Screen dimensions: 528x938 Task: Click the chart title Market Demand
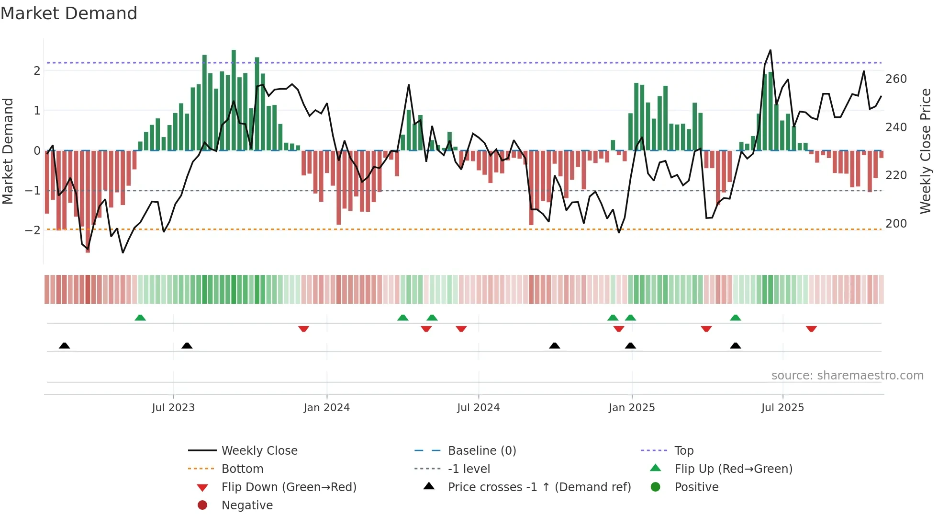coord(69,13)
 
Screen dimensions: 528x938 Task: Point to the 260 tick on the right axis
coord(896,79)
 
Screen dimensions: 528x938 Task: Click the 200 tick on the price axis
coord(896,224)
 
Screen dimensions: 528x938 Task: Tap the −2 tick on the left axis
coord(33,230)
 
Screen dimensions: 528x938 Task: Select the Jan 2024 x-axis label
coord(326,408)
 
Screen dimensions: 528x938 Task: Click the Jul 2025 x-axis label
coord(782,408)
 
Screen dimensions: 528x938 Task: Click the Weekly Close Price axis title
coord(926,151)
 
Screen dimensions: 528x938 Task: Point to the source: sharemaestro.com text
coord(847,376)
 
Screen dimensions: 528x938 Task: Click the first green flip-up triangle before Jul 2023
coord(140,318)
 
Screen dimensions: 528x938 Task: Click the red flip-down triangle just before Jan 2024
coord(303,329)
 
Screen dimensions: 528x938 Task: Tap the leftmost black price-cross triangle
coord(65,345)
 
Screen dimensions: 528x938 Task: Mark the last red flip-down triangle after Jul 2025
coord(811,329)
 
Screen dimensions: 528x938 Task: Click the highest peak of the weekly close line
coord(770,50)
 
